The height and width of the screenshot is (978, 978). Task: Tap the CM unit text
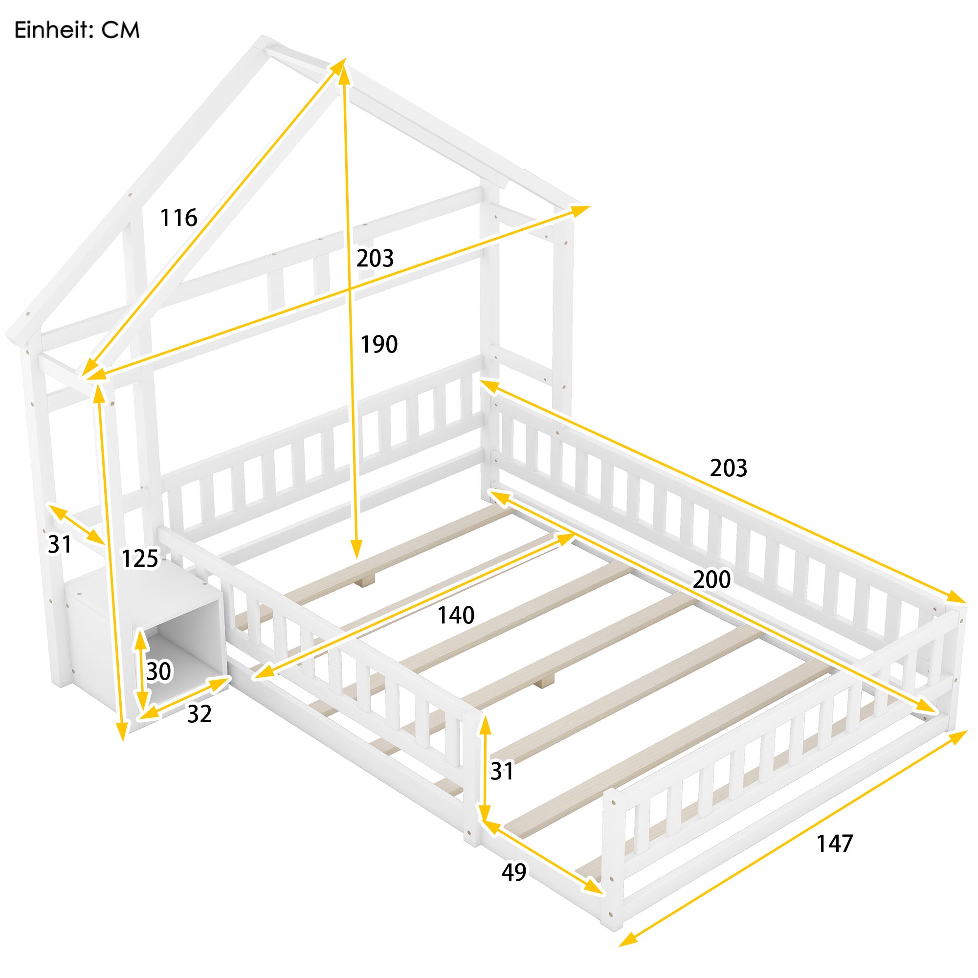point(120,30)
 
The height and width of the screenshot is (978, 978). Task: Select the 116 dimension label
point(178,218)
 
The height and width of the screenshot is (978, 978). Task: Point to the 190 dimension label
point(379,345)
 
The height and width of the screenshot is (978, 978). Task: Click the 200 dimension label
point(711,579)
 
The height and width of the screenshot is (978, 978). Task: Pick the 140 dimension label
point(456,616)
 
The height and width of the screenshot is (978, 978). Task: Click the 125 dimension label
point(140,559)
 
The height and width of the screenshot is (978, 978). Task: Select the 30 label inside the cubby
point(159,672)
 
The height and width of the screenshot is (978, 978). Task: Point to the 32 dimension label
point(200,714)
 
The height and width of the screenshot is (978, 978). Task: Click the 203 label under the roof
point(375,259)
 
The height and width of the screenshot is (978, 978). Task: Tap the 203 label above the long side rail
point(729,468)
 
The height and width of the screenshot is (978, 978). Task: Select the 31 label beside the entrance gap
point(502,772)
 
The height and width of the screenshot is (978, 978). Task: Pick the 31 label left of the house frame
point(60,545)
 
